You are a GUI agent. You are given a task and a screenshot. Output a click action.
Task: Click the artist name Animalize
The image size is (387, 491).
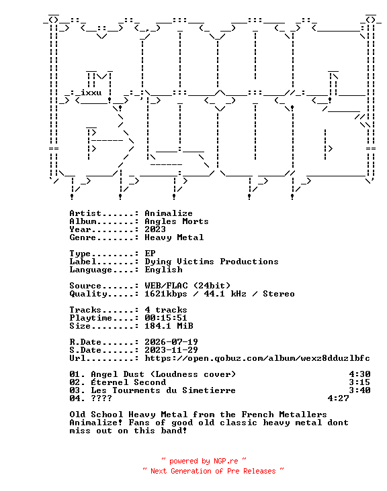pyautogui.click(x=169, y=213)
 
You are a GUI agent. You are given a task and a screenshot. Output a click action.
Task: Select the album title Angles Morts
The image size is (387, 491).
pyautogui.click(x=176, y=221)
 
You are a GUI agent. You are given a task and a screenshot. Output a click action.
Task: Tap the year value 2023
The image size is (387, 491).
pyautogui.click(x=155, y=229)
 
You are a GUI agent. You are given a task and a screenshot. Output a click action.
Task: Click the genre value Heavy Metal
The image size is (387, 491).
pyautogui.click(x=174, y=237)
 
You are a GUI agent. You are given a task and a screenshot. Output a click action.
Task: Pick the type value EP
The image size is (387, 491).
pyautogui.click(x=150, y=254)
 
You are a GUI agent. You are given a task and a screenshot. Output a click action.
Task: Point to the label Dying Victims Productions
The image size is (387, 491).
pyautogui.click(x=212, y=262)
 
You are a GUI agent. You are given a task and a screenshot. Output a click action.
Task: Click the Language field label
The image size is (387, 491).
pyautogui.click(x=91, y=270)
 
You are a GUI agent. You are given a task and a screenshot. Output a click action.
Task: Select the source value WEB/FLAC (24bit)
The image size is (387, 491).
pyautogui.click(x=187, y=286)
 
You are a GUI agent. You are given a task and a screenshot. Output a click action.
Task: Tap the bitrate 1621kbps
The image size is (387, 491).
pyautogui.click(x=165, y=294)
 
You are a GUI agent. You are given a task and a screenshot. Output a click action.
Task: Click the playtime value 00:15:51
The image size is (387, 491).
pyautogui.click(x=165, y=318)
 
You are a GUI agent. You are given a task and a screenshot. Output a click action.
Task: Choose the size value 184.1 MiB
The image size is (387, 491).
pyautogui.click(x=169, y=326)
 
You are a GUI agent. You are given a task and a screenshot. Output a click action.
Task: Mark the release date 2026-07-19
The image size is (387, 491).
pyautogui.click(x=171, y=342)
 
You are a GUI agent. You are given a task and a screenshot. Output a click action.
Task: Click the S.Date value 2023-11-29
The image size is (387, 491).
pyautogui.click(x=171, y=350)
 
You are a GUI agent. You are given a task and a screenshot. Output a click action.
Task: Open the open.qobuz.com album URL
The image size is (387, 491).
pyautogui.click(x=257, y=358)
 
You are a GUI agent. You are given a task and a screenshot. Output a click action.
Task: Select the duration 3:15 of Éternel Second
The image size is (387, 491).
pyautogui.click(x=359, y=382)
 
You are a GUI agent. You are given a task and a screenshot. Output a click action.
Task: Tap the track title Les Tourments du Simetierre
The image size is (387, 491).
pyautogui.click(x=163, y=390)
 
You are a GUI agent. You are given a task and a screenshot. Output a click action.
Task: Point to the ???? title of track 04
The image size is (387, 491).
pyautogui.click(x=101, y=398)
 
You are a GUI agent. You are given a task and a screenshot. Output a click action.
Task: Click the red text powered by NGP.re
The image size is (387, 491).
pyautogui.click(x=204, y=461)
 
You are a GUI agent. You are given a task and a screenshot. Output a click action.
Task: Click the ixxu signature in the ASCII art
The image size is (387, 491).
pyautogui.click(x=91, y=93)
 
